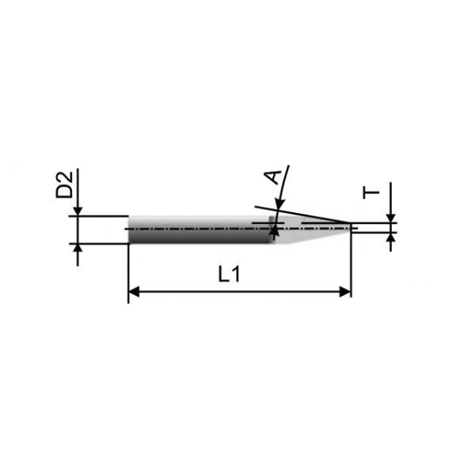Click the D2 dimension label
point(64,184)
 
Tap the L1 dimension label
point(230,275)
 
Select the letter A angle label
point(272,177)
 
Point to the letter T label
point(371,192)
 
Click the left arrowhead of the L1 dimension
point(134,291)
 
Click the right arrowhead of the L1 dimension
point(345,291)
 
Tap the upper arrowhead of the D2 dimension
point(78,211)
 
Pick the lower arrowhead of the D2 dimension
point(78,249)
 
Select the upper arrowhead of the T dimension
point(391,218)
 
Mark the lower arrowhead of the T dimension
point(391,237)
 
